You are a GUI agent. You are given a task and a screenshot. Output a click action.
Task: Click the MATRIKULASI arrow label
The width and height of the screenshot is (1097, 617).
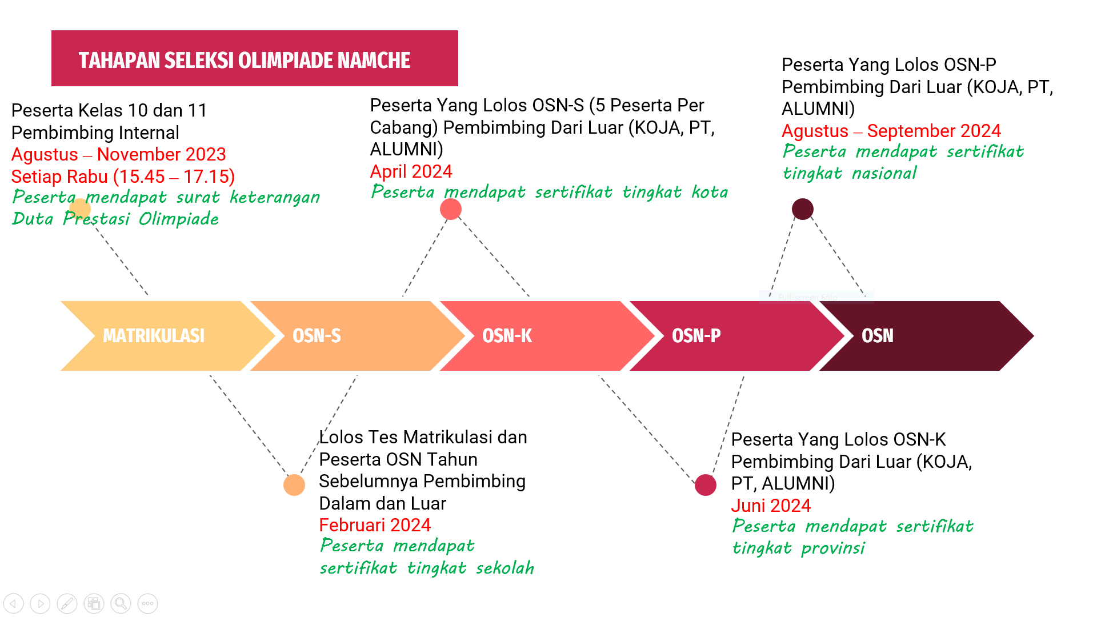point(154,336)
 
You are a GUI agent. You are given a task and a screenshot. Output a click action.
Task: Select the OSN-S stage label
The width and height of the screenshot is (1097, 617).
point(317,336)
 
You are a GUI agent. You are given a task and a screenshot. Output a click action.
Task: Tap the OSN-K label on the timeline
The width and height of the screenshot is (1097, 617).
point(507,336)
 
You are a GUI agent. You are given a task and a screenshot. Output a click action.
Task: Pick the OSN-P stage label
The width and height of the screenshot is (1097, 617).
point(696,336)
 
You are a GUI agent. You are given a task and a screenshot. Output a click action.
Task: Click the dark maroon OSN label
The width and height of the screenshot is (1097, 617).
point(878,336)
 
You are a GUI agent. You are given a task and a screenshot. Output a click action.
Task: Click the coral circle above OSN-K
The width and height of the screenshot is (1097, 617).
point(451,209)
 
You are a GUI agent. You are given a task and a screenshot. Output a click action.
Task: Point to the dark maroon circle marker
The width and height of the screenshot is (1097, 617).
point(803,209)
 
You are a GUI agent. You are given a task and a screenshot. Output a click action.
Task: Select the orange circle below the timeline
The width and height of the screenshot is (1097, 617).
point(294,485)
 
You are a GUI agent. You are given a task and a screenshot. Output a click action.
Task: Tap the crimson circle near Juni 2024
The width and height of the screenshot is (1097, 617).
point(706,485)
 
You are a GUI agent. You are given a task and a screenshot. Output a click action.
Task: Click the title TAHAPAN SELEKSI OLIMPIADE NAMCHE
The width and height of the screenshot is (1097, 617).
point(245,61)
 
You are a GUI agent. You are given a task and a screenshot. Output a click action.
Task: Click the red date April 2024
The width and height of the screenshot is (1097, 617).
point(411,171)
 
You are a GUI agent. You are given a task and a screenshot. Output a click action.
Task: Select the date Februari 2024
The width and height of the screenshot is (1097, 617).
point(375,525)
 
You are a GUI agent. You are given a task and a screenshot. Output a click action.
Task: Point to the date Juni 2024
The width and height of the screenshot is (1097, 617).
point(771,506)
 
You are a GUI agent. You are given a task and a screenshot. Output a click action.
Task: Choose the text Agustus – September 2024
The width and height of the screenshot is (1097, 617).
point(891,131)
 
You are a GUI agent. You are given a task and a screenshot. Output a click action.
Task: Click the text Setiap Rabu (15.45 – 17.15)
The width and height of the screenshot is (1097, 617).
point(123,177)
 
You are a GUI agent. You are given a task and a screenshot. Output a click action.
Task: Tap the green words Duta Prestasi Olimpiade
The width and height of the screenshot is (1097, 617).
point(115,219)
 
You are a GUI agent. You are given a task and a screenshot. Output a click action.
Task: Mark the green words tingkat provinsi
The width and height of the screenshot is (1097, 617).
point(799,548)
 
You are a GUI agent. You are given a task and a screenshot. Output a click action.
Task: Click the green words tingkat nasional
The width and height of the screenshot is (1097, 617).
point(850,173)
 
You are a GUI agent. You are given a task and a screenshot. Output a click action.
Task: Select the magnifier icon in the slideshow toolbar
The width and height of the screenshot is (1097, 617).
point(121,603)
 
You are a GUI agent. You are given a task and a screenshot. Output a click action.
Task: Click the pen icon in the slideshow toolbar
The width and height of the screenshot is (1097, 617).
point(67,603)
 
